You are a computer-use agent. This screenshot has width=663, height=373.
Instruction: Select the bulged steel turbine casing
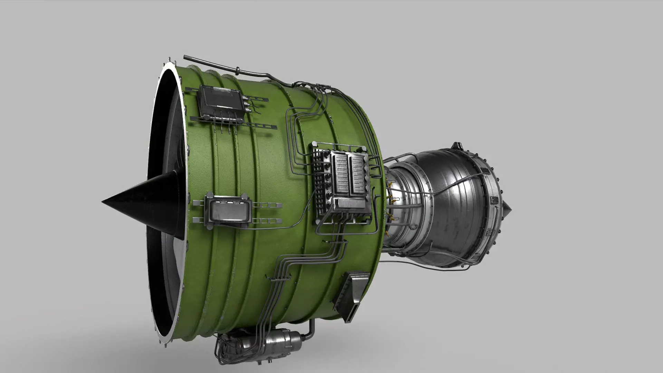point(449,207)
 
